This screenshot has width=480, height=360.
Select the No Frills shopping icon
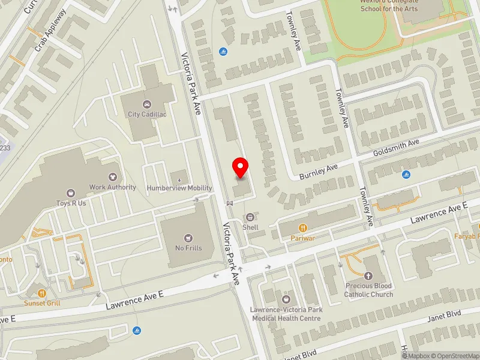(188, 238)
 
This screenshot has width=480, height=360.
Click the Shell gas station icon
(250, 217)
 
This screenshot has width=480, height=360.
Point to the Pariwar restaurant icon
(303, 228)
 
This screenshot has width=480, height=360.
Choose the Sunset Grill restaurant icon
(42, 293)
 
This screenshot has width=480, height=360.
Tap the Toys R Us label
(71, 203)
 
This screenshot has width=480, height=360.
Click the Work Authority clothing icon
(112, 177)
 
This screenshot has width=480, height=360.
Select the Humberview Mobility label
(180, 188)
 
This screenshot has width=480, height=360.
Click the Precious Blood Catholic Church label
(368, 290)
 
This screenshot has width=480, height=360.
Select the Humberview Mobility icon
(179, 178)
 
